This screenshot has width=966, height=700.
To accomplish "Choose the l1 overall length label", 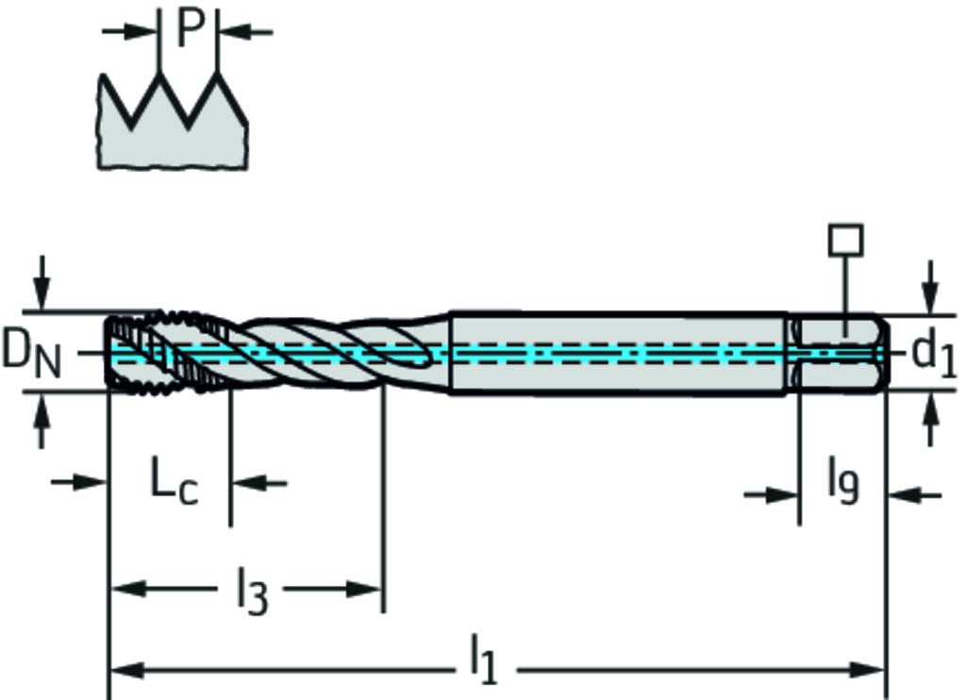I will pyautogui.click(x=482, y=660).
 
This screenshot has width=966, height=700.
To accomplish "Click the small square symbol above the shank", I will pyautogui.click(x=845, y=240).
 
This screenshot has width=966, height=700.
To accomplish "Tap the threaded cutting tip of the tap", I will pyautogui.click(x=160, y=352).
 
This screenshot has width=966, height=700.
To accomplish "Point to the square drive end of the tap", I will pyautogui.click(x=840, y=352).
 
